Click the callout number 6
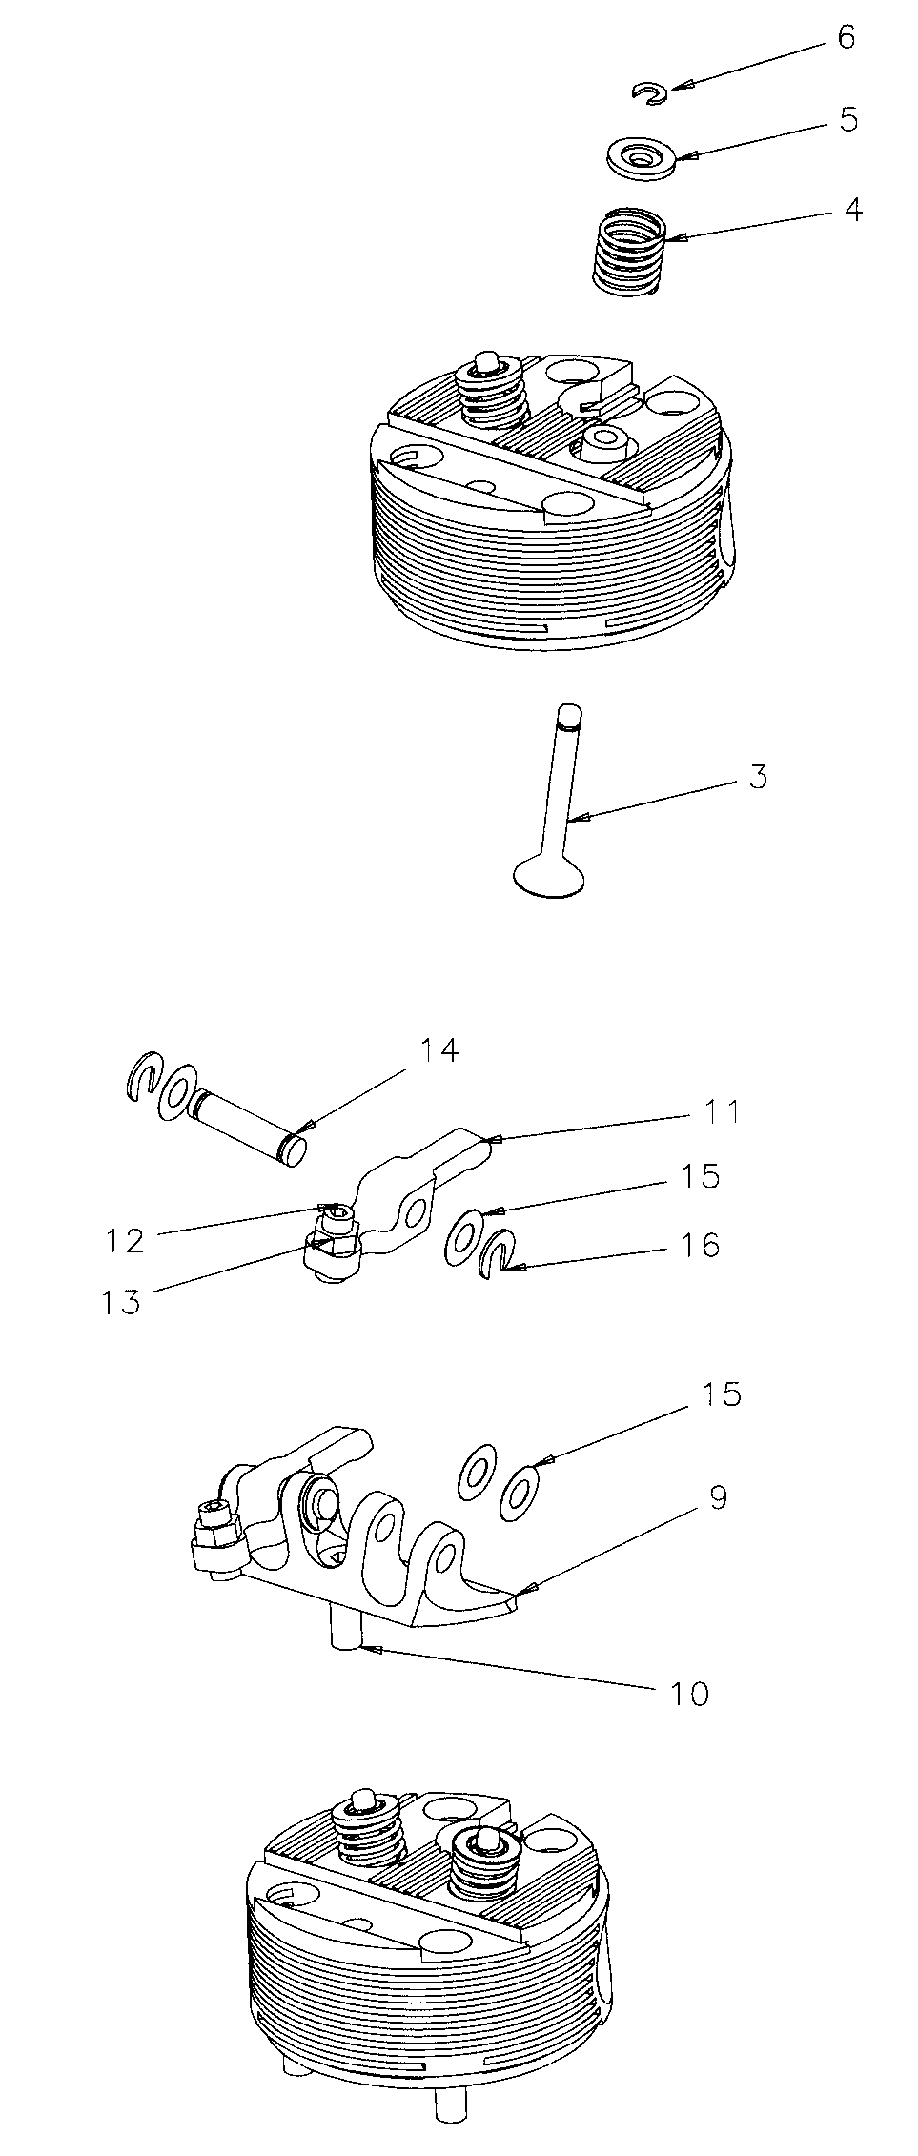[846, 38]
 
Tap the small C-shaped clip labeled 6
[651, 92]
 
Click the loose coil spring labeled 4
[628, 250]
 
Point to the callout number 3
[757, 777]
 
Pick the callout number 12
[124, 1240]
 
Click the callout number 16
[701, 1245]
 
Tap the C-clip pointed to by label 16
[500, 1250]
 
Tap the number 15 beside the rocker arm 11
[701, 1176]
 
